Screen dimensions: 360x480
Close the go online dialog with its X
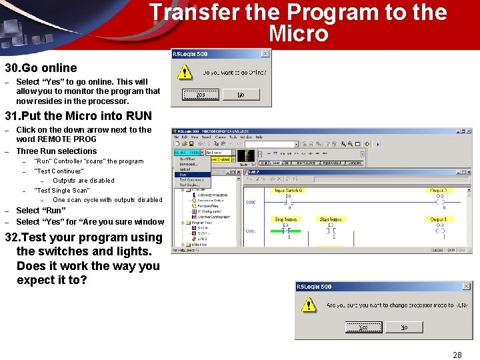265,54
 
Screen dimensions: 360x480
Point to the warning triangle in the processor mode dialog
307,305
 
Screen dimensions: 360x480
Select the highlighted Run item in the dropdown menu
183,174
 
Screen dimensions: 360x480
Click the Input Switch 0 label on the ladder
288,191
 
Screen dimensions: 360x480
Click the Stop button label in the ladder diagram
286,219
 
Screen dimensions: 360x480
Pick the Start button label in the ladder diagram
331,219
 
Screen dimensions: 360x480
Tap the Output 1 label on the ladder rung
438,219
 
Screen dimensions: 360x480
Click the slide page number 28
457,355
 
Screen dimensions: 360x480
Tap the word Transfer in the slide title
187,12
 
